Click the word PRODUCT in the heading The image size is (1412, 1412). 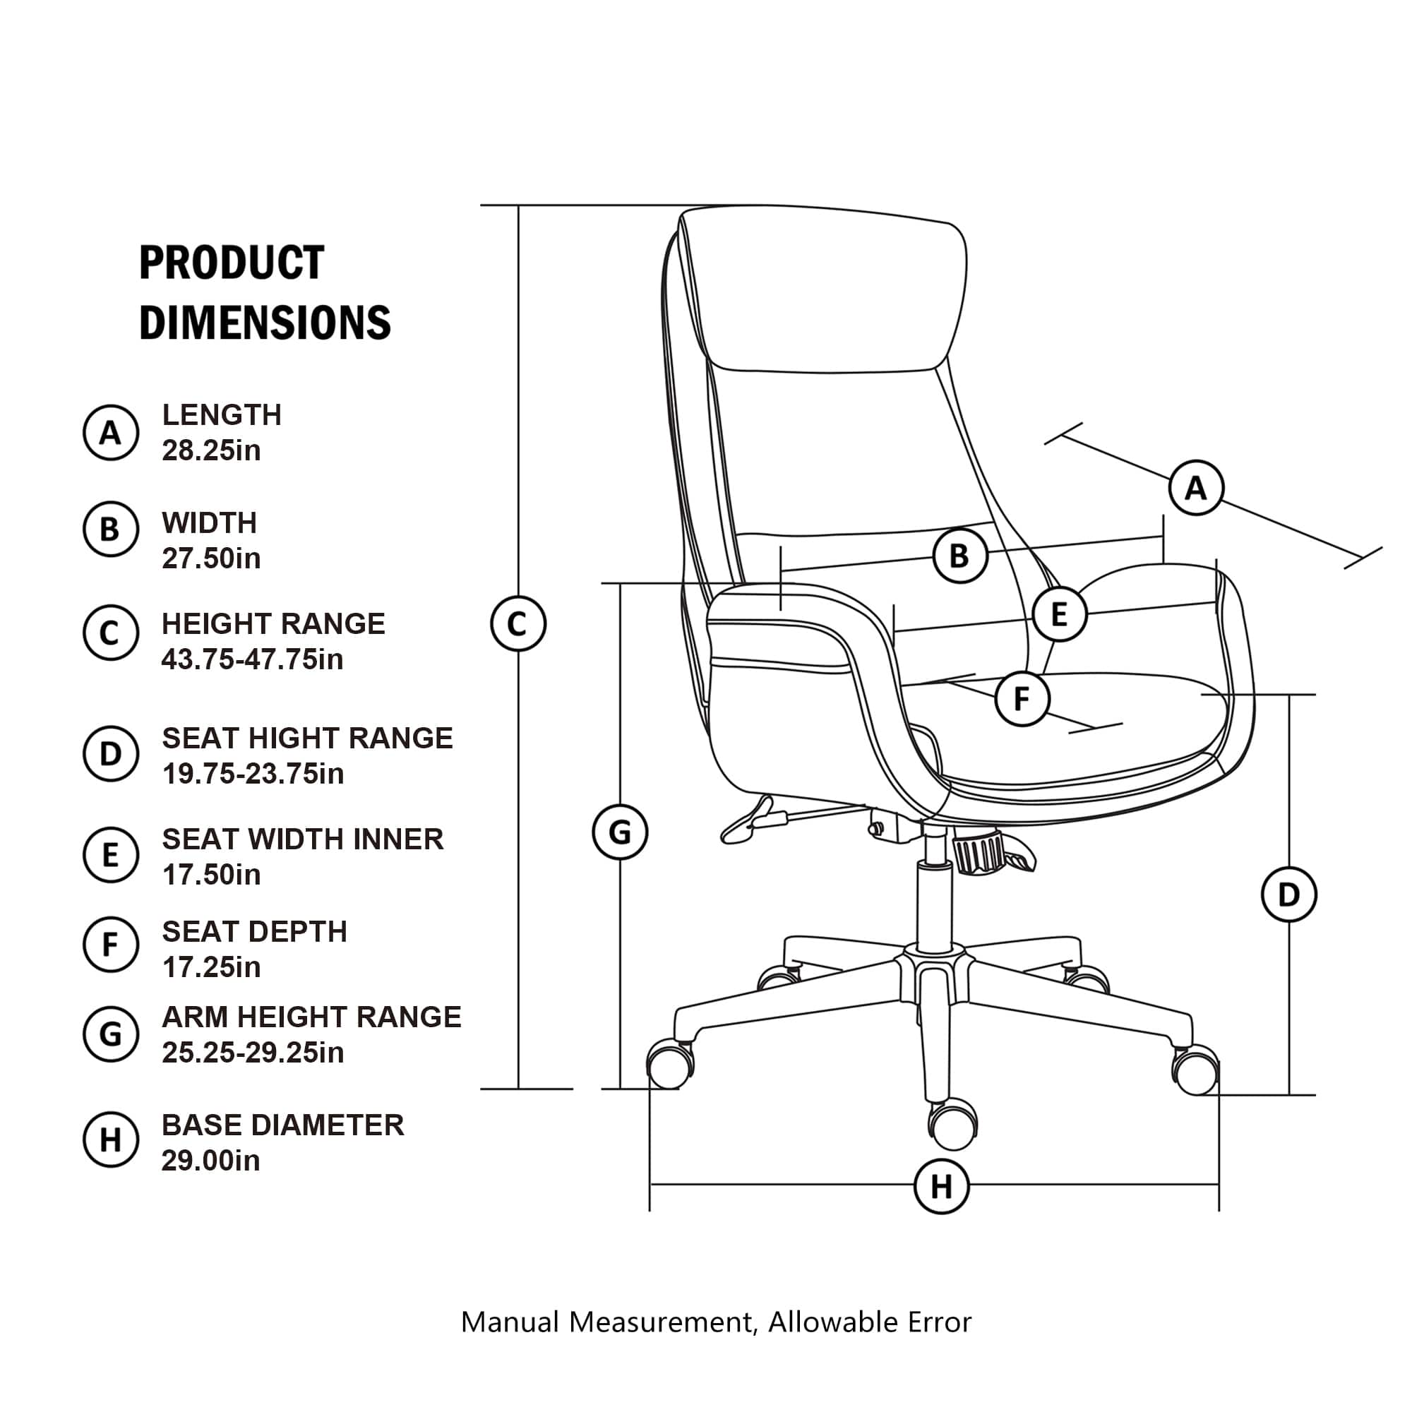click(232, 263)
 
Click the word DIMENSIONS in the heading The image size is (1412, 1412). click(265, 323)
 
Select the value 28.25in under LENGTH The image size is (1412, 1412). click(211, 451)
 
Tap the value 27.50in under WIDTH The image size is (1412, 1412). click(211, 558)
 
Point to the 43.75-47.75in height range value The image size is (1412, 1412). click(252, 659)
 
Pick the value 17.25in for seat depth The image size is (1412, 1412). click(211, 968)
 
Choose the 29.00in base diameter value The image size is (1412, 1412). click(211, 1161)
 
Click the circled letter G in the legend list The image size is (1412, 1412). click(110, 1034)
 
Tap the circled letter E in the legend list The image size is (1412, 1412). click(110, 854)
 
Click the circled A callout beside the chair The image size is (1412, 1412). click(1196, 487)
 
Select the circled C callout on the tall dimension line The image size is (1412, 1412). click(517, 624)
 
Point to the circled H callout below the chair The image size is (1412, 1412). click(941, 1187)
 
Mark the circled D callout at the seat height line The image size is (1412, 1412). click(1289, 895)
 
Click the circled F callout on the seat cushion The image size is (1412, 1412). click(1022, 699)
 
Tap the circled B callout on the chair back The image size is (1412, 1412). click(960, 556)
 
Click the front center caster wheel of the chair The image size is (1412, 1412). click(953, 1126)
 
